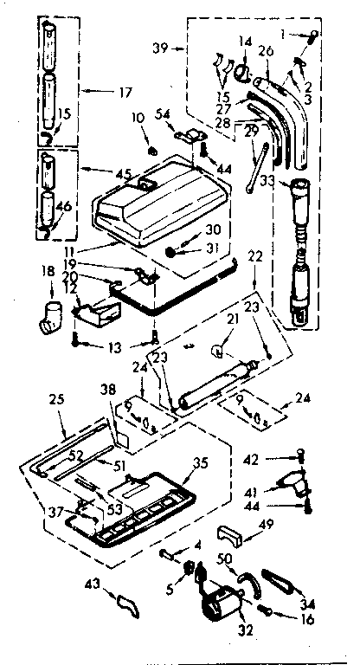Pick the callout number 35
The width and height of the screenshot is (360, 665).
coord(199,462)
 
